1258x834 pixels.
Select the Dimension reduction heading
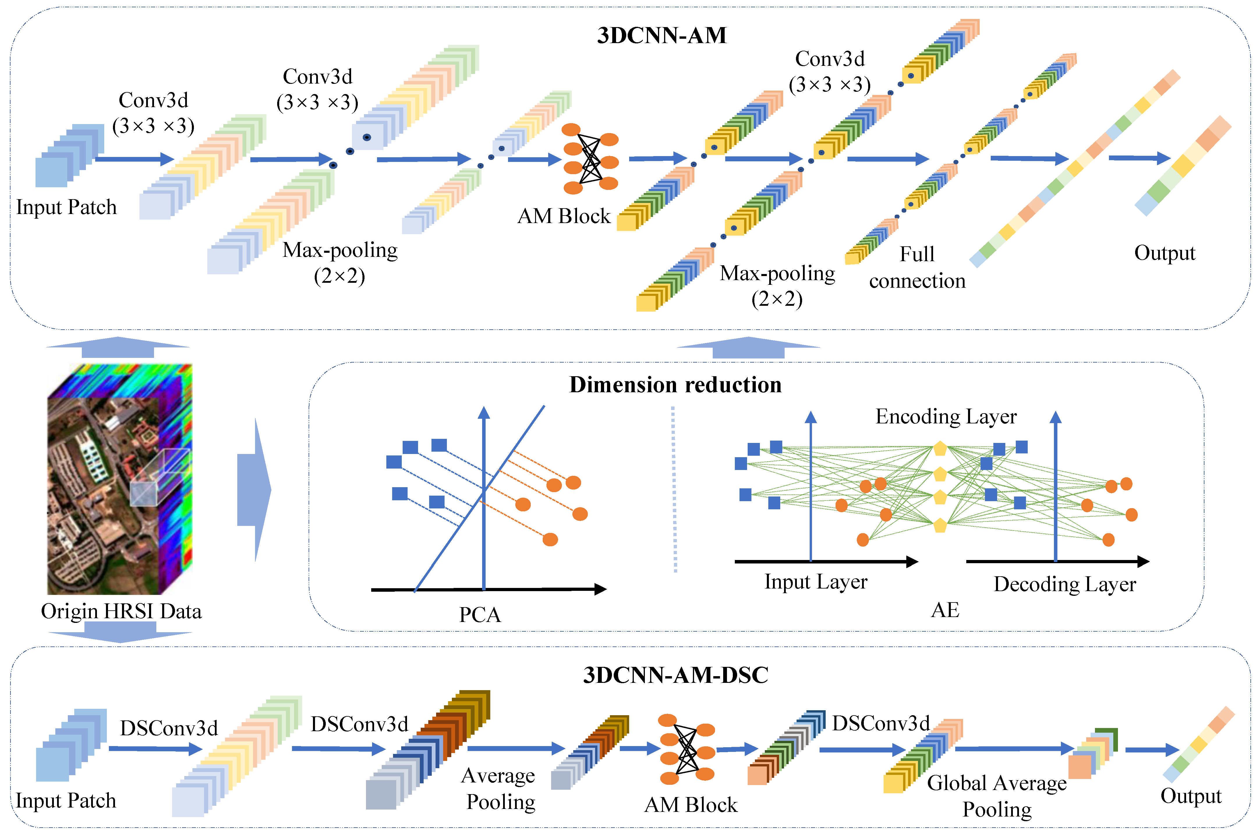(x=675, y=385)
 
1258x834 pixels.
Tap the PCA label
(x=480, y=614)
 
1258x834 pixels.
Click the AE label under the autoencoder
(x=945, y=609)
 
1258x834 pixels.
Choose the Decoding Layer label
(x=1064, y=584)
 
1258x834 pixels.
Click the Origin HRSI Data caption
(x=121, y=611)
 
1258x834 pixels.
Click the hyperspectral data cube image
(x=120, y=479)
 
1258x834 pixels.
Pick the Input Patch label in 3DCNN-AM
(x=66, y=207)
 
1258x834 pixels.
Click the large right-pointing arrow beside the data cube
(x=254, y=489)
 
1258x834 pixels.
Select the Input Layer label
(x=816, y=581)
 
